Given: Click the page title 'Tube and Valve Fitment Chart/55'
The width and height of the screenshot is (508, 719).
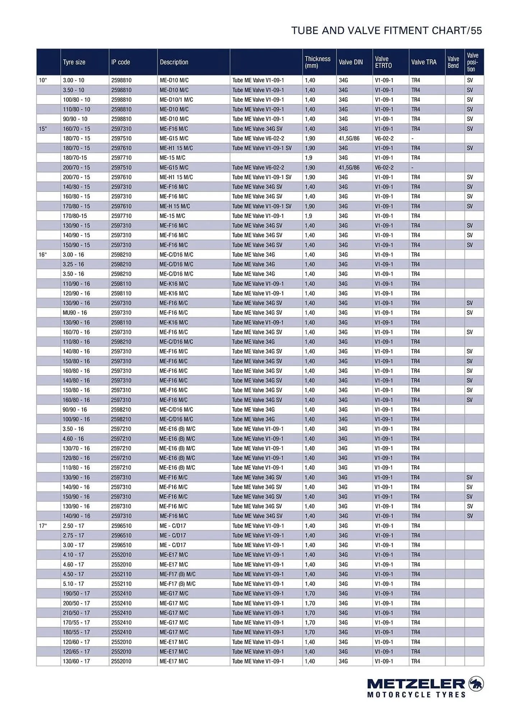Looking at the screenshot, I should (x=386, y=31).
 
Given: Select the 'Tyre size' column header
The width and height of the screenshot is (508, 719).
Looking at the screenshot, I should (x=74, y=62).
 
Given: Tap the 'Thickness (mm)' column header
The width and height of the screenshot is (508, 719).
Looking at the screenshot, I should (x=318, y=62).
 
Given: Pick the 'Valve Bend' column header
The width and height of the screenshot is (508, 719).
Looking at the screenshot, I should (x=453, y=62).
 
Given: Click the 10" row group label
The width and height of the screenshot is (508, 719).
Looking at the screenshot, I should (x=43, y=80).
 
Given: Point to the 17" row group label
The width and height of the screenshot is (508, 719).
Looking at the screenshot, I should (x=43, y=526).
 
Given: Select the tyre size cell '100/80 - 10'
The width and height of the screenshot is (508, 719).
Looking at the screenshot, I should (x=77, y=100).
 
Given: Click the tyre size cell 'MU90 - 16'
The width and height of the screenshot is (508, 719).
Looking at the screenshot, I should (x=75, y=313).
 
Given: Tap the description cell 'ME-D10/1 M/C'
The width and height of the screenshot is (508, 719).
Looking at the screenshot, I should (x=176, y=100).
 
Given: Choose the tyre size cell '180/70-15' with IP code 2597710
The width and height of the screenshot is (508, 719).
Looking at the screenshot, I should (x=75, y=158).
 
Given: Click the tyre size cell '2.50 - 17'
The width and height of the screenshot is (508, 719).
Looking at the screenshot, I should (x=73, y=526).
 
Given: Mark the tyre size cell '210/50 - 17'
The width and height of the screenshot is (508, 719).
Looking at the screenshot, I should (x=77, y=613).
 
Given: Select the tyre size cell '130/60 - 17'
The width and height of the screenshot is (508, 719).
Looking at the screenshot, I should (x=77, y=661).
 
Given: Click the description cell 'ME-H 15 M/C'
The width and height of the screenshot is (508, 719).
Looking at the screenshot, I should (x=175, y=206).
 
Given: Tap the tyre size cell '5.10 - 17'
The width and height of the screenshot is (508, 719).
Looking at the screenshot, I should (x=73, y=584).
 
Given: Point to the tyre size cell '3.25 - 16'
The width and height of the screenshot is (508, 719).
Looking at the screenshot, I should (x=73, y=264).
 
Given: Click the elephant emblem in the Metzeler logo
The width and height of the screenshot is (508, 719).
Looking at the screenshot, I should (x=476, y=683).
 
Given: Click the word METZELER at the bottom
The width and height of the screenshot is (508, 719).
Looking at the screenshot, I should (x=416, y=684).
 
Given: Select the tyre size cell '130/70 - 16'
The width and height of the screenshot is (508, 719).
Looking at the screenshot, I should (x=77, y=448).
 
